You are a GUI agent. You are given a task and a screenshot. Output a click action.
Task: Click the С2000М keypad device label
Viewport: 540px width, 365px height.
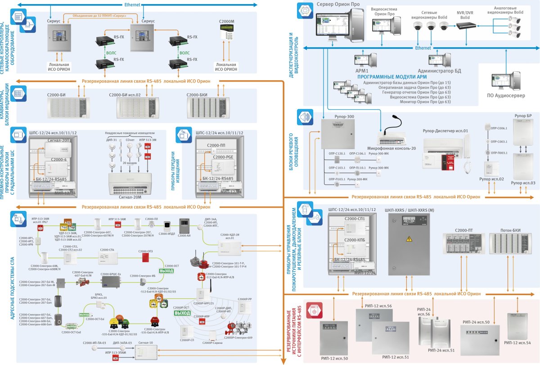pyautogui.click(x=226, y=21)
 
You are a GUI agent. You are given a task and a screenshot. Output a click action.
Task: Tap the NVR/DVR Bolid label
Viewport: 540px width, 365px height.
pyautogui.click(x=465, y=15)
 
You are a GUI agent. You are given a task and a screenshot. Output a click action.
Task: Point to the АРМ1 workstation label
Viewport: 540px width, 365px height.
pyautogui.click(x=361, y=71)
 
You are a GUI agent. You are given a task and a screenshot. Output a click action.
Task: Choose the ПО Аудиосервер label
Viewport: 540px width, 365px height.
pyautogui.click(x=503, y=95)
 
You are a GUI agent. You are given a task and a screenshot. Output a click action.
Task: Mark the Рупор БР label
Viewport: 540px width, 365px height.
pyautogui.click(x=522, y=115)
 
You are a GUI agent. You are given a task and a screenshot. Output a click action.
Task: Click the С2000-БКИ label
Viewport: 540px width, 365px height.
pyautogui.click(x=198, y=95)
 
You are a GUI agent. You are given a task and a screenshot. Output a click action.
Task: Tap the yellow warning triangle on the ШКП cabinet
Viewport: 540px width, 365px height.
pyautogui.click(x=409, y=238)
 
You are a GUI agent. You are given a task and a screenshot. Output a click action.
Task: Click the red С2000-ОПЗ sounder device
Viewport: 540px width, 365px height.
pyautogui.click(x=145, y=257)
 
